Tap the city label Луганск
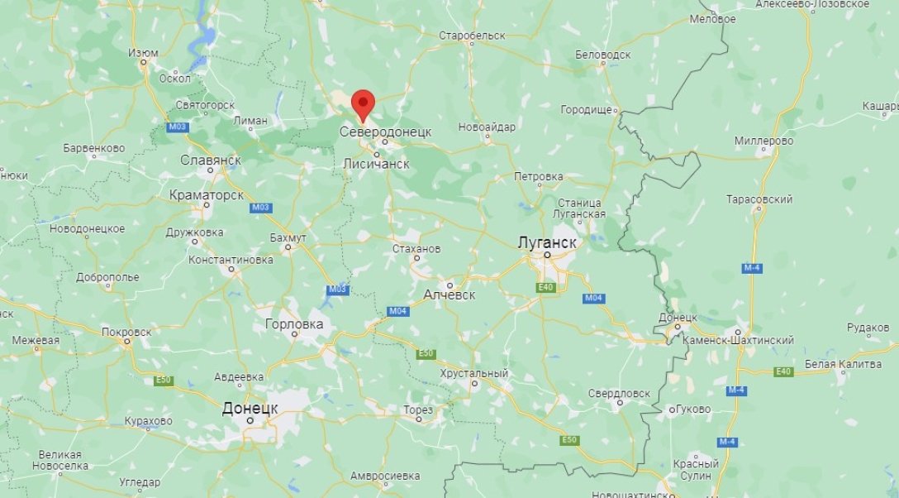[546, 242]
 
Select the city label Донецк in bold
[250, 408]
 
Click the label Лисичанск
[376, 165]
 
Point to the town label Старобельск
[472, 36]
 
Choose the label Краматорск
[206, 195]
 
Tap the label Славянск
[211, 159]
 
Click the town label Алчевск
[449, 294]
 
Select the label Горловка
[294, 324]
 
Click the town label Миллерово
[764, 141]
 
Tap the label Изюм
[143, 53]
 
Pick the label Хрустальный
[474, 374]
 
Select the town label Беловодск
[602, 55]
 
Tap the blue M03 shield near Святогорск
[177, 127]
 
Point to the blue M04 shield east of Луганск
[593, 298]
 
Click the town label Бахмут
[288, 237]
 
